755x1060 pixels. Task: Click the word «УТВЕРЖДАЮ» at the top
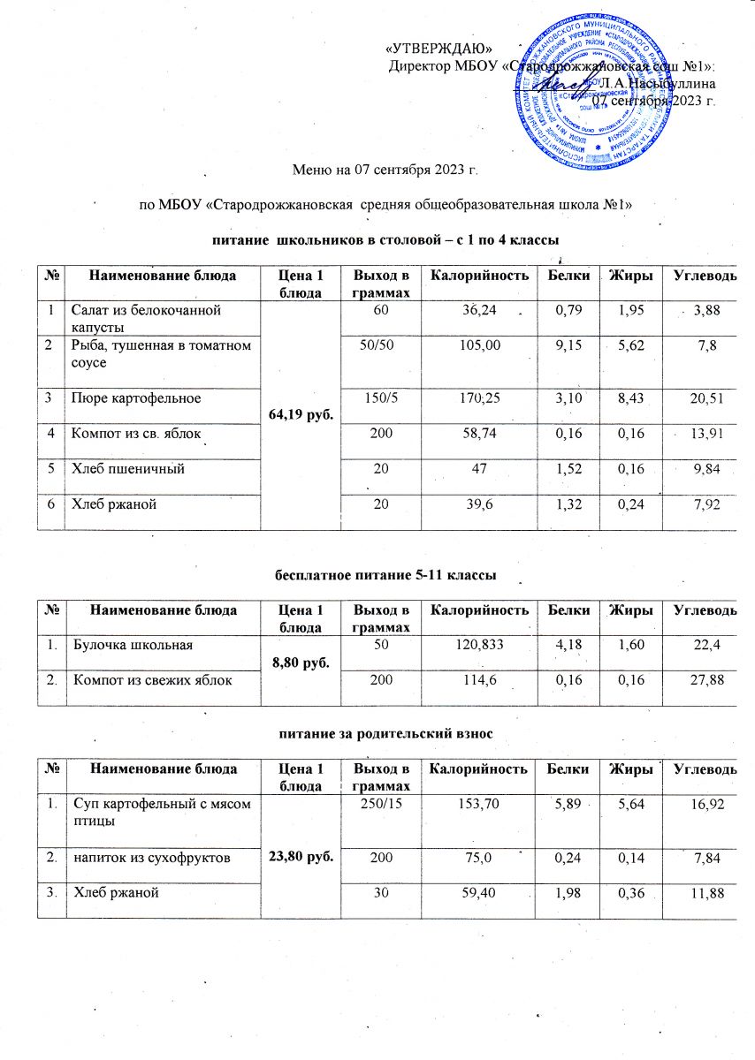click(x=439, y=47)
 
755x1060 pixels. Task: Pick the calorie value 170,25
click(x=479, y=397)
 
